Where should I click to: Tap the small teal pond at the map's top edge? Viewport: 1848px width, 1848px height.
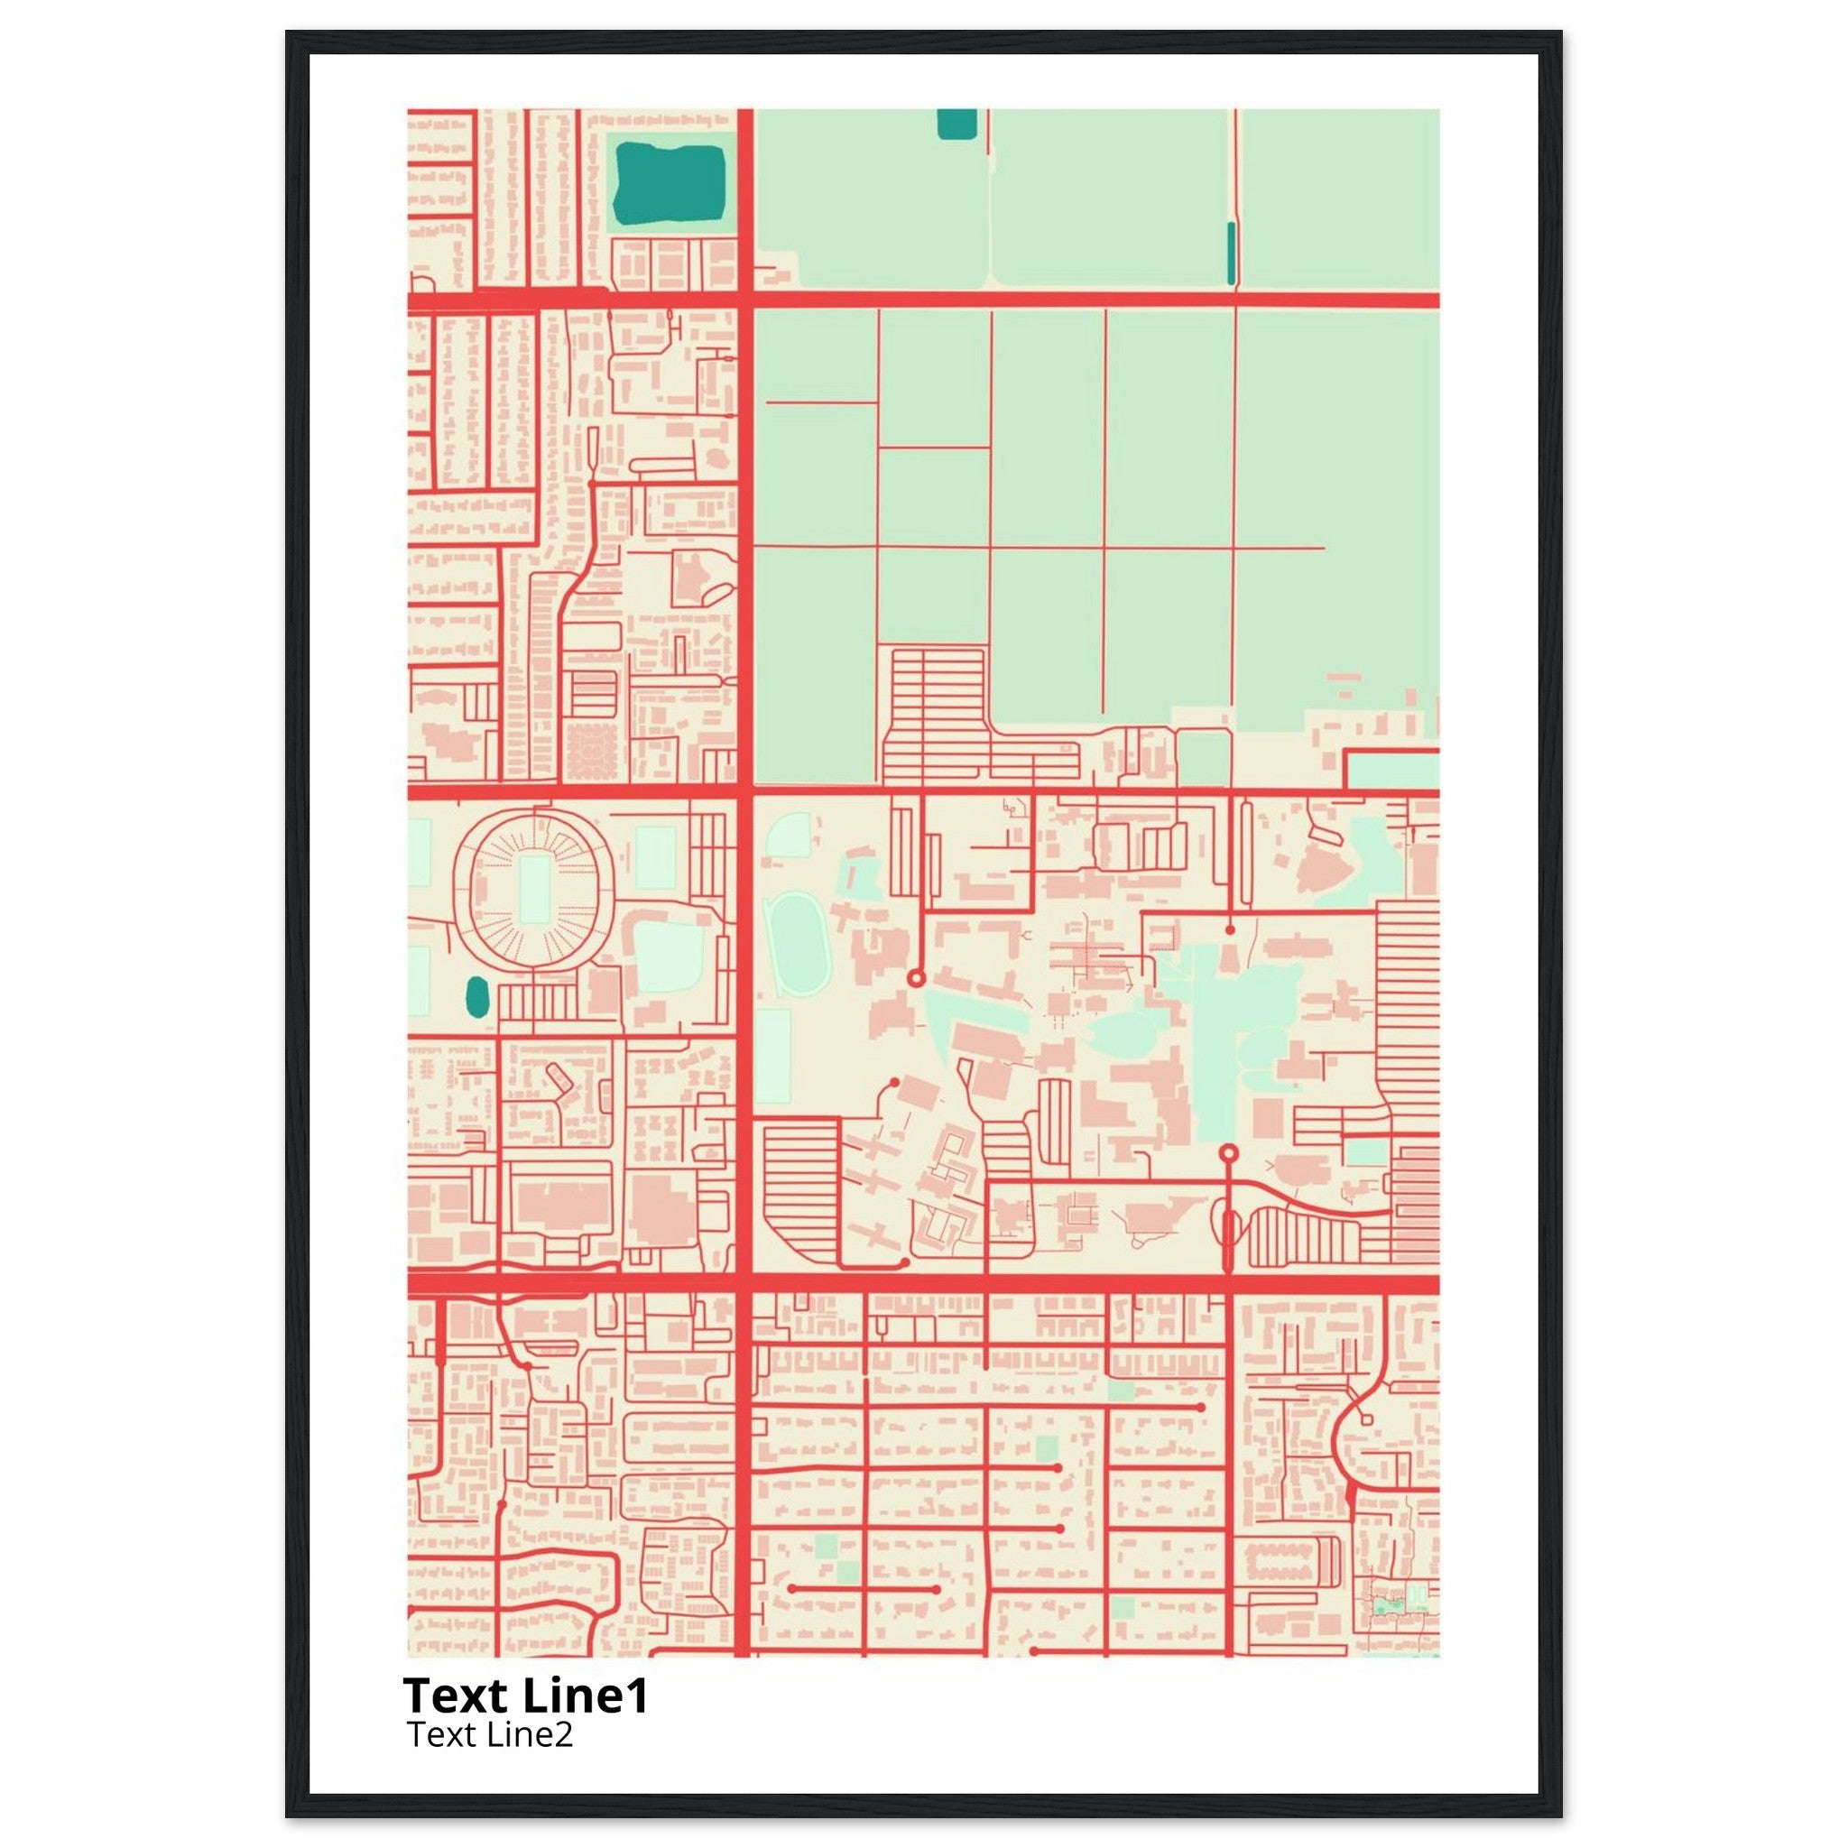[956, 124]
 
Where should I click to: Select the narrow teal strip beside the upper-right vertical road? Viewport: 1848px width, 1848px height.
[1231, 253]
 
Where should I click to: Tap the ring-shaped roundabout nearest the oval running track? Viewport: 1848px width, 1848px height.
[915, 977]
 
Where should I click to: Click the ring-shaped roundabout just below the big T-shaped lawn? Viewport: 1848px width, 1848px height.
[1229, 1152]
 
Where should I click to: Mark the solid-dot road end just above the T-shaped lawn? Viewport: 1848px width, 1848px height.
[1230, 929]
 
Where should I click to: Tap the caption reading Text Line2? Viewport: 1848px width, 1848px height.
[489, 1733]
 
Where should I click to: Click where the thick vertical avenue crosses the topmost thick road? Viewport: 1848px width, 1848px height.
[745, 300]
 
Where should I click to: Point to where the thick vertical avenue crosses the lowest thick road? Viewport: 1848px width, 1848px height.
[745, 1284]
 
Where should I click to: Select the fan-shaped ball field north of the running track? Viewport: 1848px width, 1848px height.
[790, 834]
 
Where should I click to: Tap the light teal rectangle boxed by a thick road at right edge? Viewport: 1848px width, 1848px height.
[1392, 771]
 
